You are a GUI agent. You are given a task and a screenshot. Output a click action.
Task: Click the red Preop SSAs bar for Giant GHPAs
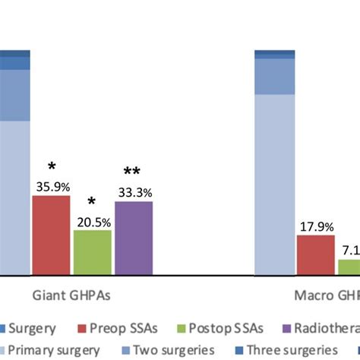(51, 235)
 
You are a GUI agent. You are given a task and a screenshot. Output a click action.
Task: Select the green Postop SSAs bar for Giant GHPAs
(92, 252)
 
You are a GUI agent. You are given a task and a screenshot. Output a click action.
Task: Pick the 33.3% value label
(134, 192)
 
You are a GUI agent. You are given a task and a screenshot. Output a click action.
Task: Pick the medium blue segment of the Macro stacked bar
(274, 76)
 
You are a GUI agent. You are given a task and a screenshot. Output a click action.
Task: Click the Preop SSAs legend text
(124, 329)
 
